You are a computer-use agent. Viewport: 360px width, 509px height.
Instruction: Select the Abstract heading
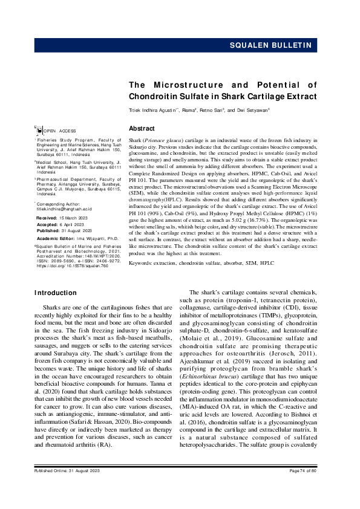142,129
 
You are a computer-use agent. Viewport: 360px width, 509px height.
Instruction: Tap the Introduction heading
56,293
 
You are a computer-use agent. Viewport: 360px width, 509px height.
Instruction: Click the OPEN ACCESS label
56,131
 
